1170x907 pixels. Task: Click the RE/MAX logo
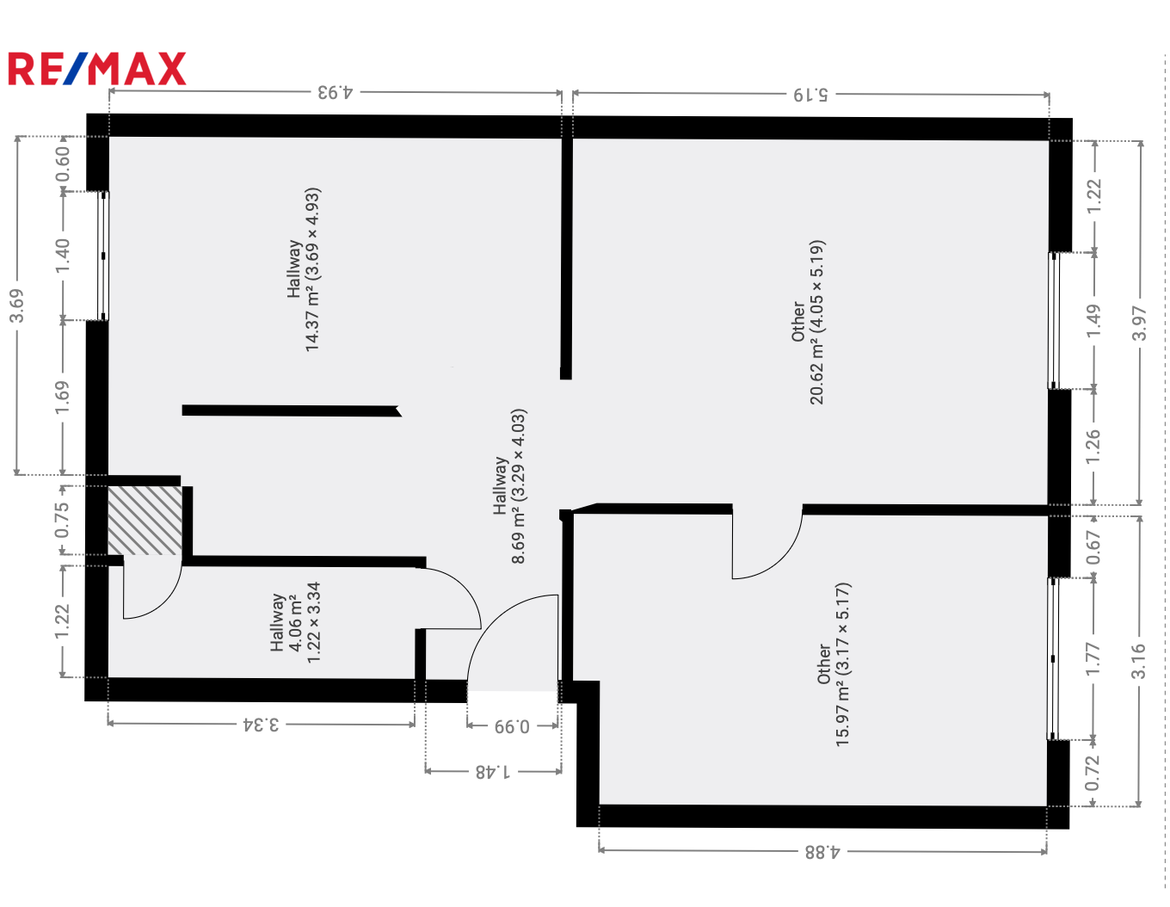(97, 68)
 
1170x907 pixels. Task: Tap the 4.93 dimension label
(335, 92)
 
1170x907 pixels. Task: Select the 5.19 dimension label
(810, 95)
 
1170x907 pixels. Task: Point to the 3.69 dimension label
(17, 305)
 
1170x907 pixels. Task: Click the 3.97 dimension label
(1139, 324)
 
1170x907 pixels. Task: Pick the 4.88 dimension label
(822, 852)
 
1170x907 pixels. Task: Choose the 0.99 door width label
(512, 726)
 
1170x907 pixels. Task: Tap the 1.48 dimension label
(492, 772)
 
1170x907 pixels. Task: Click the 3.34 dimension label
(262, 725)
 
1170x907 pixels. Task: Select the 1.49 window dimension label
(1093, 321)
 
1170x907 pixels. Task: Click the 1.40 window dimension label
(63, 256)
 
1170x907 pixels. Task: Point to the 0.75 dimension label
(62, 520)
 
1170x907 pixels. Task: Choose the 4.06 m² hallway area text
(294, 623)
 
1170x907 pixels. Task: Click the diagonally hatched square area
(145, 521)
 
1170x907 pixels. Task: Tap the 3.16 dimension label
(1138, 661)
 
